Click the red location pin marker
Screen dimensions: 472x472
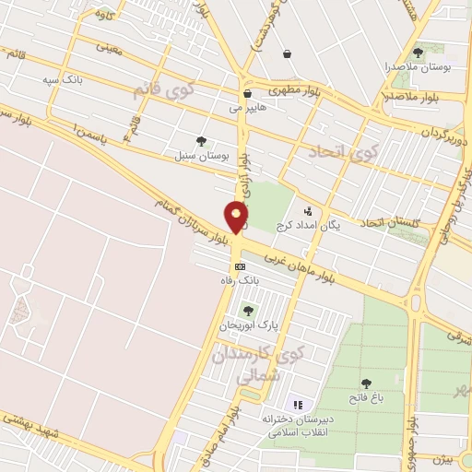(x=237, y=218)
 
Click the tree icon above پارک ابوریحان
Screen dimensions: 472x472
(x=247, y=311)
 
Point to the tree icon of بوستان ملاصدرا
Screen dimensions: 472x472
(x=419, y=53)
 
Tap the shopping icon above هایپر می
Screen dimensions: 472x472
(x=247, y=93)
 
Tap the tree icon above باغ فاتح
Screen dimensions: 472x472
(x=366, y=383)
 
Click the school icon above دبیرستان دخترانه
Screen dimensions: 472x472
(x=297, y=405)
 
